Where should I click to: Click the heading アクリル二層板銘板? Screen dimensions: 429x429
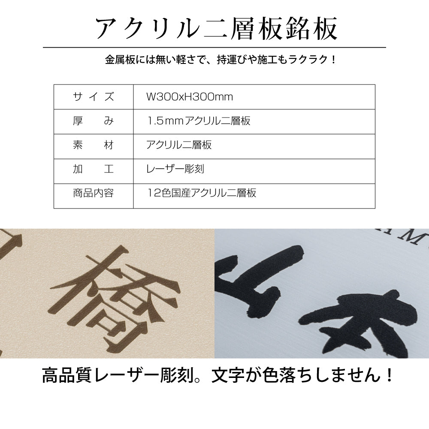[x=216, y=28]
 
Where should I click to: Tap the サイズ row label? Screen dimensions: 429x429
[x=93, y=97]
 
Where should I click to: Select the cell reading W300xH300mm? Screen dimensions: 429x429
[x=190, y=97]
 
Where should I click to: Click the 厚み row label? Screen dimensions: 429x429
[x=93, y=121]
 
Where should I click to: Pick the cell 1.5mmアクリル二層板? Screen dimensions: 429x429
[x=199, y=121]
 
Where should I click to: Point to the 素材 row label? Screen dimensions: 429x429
[x=93, y=145]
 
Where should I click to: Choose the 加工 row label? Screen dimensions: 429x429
[x=93, y=169]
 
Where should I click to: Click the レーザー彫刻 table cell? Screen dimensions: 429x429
[x=175, y=169]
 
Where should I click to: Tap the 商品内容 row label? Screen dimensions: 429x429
[x=93, y=193]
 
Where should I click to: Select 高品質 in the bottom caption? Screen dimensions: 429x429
[x=66, y=375]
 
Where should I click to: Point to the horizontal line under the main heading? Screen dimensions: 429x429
[x=214, y=48]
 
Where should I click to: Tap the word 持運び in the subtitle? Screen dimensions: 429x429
[x=232, y=60]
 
